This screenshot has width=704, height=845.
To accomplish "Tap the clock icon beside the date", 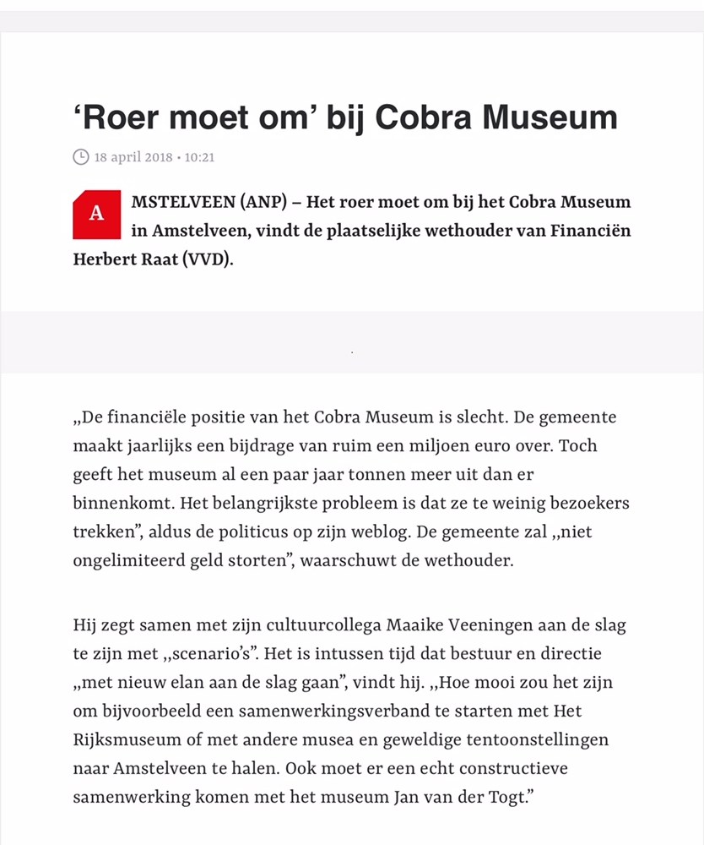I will pos(81,157).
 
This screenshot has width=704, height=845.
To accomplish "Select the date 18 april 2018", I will pos(133,157).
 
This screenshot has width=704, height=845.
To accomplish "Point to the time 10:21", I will pos(200,157).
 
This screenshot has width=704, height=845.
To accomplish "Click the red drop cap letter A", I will pos(97,214).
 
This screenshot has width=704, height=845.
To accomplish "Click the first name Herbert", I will pos(107,259).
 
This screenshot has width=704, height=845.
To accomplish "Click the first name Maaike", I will pos(414,626).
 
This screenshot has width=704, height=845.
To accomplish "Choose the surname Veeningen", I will pos(490,626).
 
